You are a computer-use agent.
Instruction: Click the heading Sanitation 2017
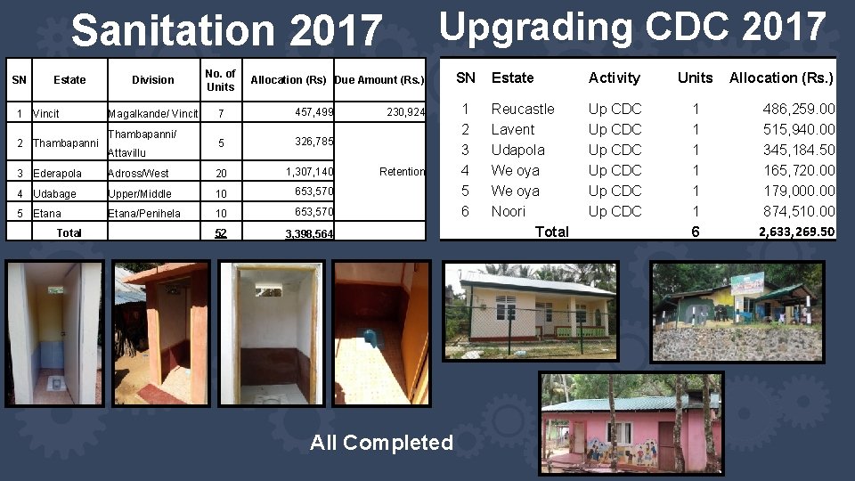click(226, 31)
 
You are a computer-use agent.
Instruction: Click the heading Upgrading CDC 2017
click(632, 27)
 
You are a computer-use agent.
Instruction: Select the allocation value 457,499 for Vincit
click(314, 111)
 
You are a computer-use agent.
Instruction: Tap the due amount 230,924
click(405, 112)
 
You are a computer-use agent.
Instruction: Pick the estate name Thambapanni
click(65, 143)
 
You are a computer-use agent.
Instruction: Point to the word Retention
click(402, 171)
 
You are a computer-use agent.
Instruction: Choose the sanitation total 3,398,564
click(309, 233)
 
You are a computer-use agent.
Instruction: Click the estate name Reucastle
click(523, 109)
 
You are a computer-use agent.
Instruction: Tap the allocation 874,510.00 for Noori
click(799, 211)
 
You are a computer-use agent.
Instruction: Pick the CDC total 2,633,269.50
click(796, 232)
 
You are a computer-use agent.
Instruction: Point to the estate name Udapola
click(517, 150)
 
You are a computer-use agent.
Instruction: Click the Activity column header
click(615, 77)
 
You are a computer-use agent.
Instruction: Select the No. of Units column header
click(219, 80)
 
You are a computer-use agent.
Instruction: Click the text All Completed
click(381, 442)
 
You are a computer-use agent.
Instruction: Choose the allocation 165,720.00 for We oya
click(799, 170)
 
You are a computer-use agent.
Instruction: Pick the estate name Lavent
click(513, 129)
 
